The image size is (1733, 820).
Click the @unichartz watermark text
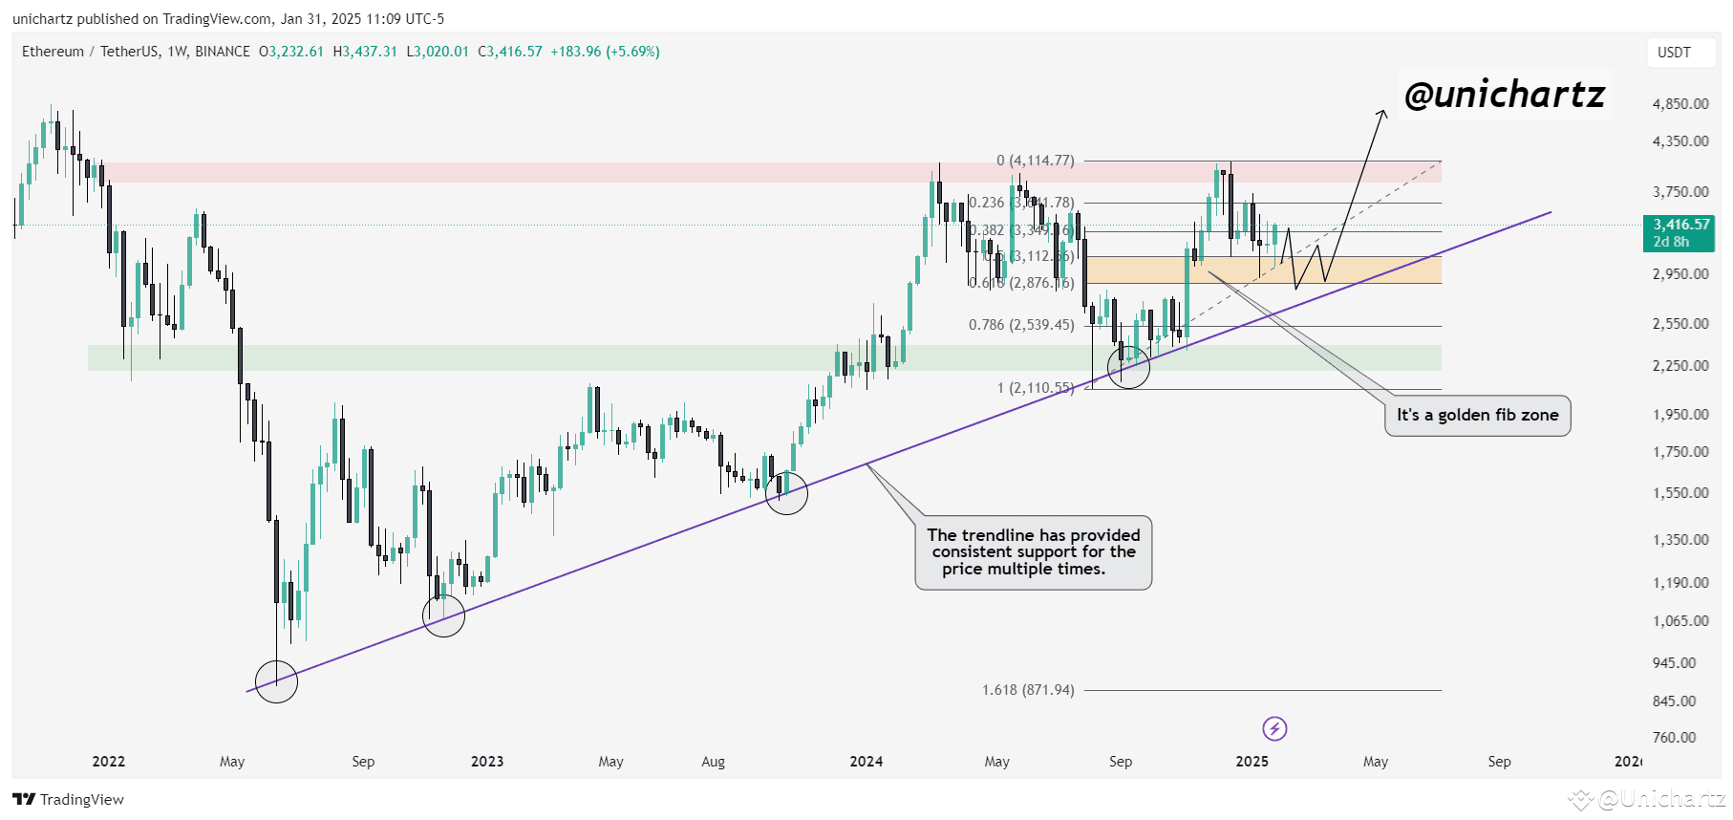[1505, 95]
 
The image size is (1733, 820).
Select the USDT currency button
[1674, 53]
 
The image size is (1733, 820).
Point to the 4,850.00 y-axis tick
[1680, 104]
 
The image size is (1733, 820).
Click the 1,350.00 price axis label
[1680, 540]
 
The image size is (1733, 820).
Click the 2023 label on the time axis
[487, 762]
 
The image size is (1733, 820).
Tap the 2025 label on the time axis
[1252, 762]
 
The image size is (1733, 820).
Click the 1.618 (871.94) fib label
[1028, 690]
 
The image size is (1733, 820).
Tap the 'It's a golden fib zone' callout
[1477, 416]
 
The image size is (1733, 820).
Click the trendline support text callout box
[1033, 552]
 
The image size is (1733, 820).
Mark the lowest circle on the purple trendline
[277, 681]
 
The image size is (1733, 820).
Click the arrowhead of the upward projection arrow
[1382, 115]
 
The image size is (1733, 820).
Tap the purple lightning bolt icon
[1274, 729]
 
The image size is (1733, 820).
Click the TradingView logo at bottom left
[69, 800]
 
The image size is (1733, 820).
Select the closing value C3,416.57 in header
[510, 52]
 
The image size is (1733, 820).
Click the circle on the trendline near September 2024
[1128, 367]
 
